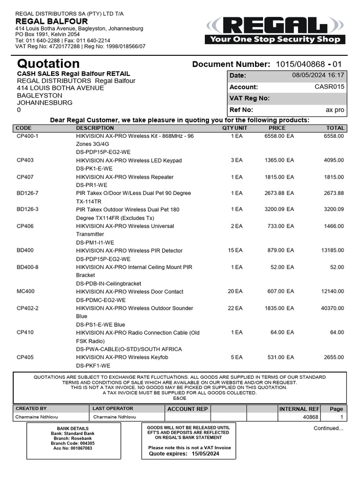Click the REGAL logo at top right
pyautogui.click(x=276, y=30)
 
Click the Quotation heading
pyautogui.click(x=48, y=64)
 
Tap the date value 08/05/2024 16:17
pyautogui.click(x=318, y=75)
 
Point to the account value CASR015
pyautogui.click(x=329, y=87)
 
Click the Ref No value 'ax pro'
pyautogui.click(x=335, y=110)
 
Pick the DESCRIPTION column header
pyautogui.click(x=95, y=128)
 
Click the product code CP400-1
pyautogui.click(x=28, y=136)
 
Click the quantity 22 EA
pyautogui.click(x=235, y=308)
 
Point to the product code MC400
pyautogui.click(x=25, y=292)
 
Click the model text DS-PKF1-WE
pyautogui.click(x=93, y=366)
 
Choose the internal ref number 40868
pyautogui.click(x=310, y=417)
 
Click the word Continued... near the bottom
pyautogui.click(x=328, y=428)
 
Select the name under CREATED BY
pyautogui.click(x=37, y=417)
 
